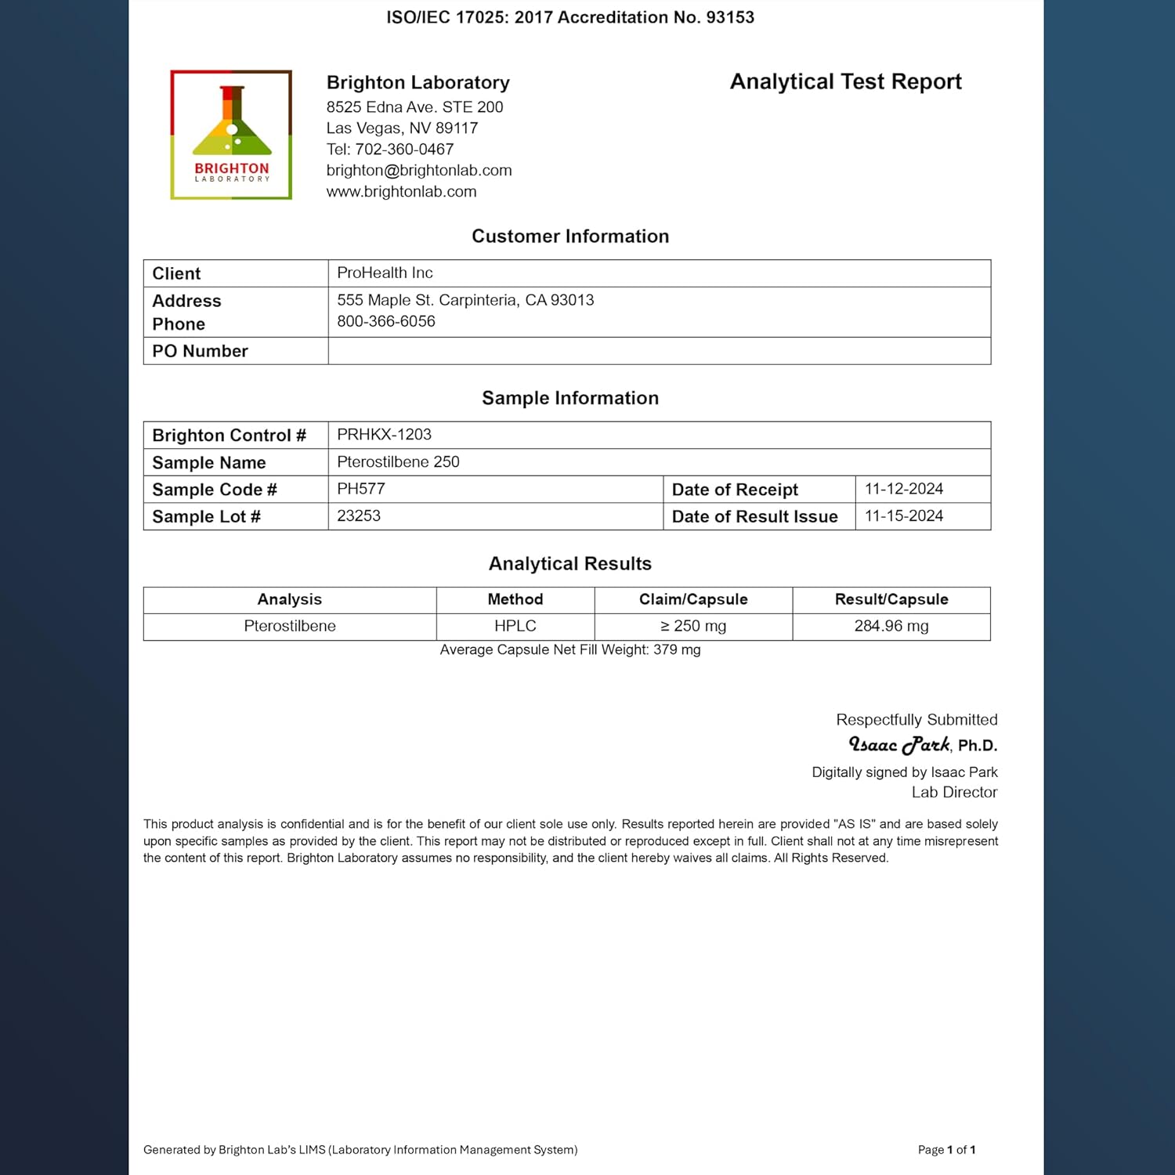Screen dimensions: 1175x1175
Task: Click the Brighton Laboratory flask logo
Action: point(231,134)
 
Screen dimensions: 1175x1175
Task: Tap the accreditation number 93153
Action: point(730,17)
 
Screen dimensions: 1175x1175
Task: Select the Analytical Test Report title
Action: point(845,81)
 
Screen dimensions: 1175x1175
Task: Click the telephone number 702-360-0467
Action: point(404,149)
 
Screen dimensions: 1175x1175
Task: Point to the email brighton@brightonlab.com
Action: point(419,170)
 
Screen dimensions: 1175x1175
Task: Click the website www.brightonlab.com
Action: point(401,191)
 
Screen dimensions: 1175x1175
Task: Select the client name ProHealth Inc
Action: point(385,273)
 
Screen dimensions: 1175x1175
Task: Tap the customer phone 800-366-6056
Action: point(386,321)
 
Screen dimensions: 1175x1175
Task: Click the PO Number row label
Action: point(200,351)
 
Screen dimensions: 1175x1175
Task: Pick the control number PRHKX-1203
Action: point(384,435)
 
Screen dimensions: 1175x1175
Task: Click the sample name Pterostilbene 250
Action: point(398,462)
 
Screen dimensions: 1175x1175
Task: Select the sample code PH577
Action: point(361,489)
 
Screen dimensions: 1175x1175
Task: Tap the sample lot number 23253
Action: point(359,516)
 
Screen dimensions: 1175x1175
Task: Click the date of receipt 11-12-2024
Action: point(904,489)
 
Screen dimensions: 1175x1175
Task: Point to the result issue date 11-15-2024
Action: point(904,516)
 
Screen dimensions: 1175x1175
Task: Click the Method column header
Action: point(515,599)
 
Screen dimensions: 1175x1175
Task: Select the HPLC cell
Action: point(515,626)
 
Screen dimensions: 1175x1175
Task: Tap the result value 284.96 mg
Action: point(891,626)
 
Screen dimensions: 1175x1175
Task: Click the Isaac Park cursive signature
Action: point(899,744)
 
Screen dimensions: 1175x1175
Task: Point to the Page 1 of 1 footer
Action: point(946,1150)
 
